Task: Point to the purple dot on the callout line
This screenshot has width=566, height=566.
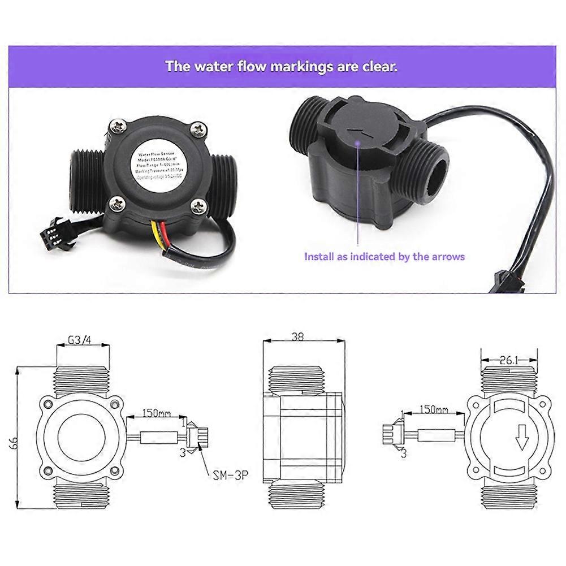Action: [358, 144]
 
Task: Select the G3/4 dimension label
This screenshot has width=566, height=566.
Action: [80, 340]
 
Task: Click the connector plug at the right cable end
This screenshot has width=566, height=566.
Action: [504, 280]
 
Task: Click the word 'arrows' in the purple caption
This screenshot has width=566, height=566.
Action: [446, 257]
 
